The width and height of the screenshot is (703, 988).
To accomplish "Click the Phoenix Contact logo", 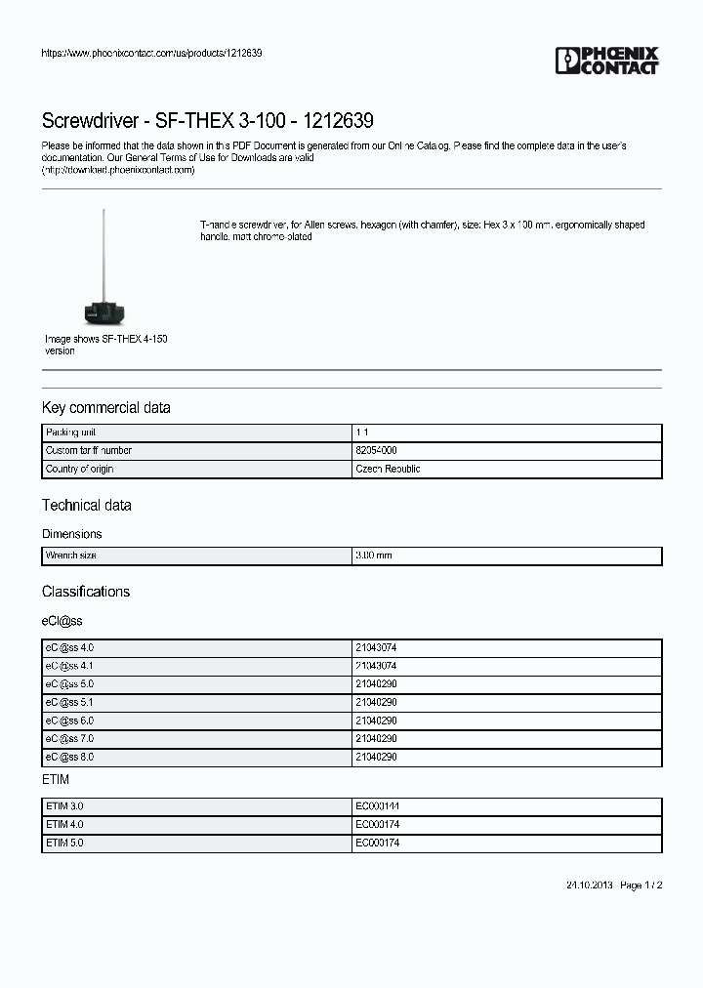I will [607, 61].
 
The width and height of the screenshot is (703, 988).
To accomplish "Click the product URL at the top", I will [151, 53].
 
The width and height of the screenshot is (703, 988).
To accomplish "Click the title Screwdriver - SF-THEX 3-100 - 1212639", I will [207, 121].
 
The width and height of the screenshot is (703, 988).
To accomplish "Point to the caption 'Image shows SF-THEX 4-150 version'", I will [105, 345].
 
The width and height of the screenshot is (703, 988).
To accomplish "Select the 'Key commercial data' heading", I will [105, 407].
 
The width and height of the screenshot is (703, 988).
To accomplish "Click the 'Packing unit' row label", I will [70, 432].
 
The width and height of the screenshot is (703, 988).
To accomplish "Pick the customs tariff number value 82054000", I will [376, 451].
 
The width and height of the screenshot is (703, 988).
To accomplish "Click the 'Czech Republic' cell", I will [388, 470].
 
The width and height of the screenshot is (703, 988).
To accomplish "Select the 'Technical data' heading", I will [86, 505].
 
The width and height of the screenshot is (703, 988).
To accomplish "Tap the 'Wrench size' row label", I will [71, 556].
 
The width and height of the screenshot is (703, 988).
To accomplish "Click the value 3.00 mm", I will [374, 556].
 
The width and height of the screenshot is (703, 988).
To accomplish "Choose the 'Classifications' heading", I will [86, 592].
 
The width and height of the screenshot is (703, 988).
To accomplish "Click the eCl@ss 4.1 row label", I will [69, 666].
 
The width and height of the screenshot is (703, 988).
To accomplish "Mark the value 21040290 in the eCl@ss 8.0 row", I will [376, 758].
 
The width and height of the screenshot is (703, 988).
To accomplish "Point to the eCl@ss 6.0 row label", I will [69, 720].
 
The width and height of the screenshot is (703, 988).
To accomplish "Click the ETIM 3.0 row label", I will [64, 806].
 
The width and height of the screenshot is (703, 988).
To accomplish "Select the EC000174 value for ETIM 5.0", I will [377, 843].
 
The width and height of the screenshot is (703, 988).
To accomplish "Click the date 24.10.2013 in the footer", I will [589, 885].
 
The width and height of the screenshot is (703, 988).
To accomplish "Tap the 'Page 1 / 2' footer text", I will [641, 885].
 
